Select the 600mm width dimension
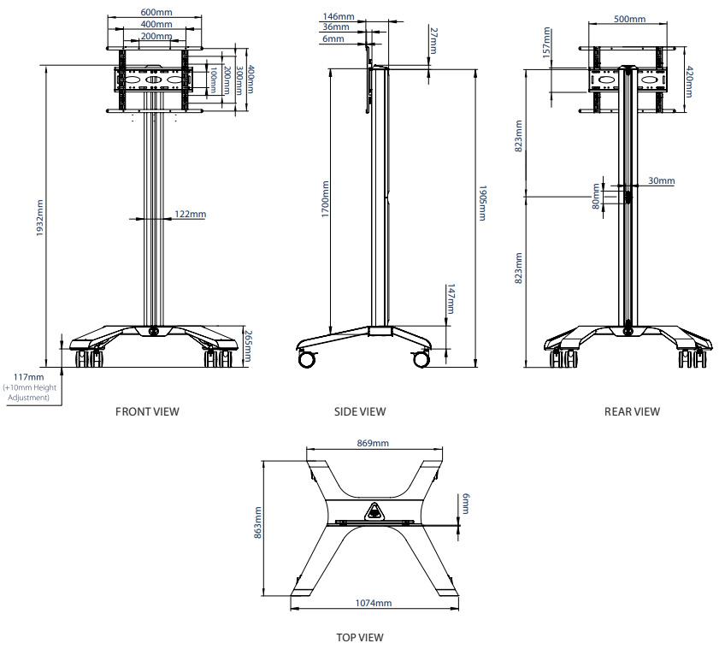click(x=155, y=13)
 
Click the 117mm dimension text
click(x=29, y=377)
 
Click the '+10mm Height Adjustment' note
click(x=30, y=392)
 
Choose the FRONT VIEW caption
click(x=147, y=411)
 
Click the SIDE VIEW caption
click(x=360, y=411)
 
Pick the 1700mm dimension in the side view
click(x=326, y=198)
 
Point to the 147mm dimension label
click(x=451, y=300)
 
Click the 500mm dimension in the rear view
click(x=631, y=19)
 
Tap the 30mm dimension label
click(x=661, y=180)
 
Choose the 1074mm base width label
click(x=373, y=603)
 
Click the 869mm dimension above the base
click(x=373, y=443)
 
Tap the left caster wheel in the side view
click(x=306, y=359)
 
